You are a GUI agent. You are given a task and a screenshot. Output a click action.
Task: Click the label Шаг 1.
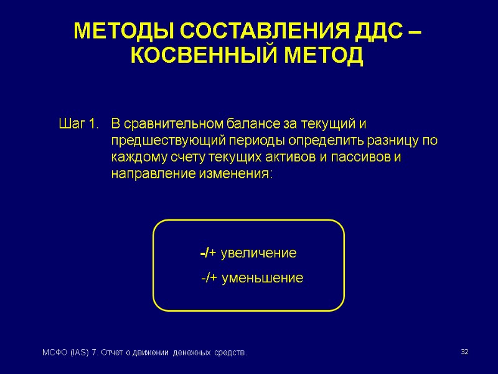pos(78,123)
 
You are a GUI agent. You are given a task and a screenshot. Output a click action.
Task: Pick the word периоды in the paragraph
pos(240,140)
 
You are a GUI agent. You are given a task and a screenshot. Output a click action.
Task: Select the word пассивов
pos(364,157)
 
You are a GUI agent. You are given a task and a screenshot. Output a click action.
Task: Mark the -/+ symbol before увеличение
pos(208,254)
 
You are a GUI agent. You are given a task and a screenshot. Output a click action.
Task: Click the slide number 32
pos(464,353)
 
